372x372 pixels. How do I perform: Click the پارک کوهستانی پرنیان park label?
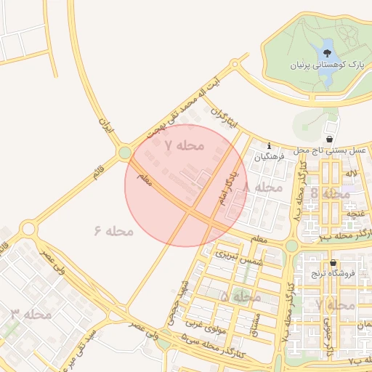tap(326, 66)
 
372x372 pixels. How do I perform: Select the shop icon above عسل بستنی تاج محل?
tap(330, 139)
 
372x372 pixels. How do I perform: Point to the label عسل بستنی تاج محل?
tap(328, 149)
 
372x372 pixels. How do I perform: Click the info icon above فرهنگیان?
tap(270, 145)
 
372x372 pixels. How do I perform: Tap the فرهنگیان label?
tap(269, 155)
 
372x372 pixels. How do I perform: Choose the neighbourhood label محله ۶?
tap(113, 231)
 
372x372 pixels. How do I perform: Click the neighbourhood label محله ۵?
tap(240, 296)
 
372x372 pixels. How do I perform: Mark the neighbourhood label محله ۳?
tap(31, 315)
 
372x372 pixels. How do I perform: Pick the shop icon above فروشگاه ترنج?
tap(333, 263)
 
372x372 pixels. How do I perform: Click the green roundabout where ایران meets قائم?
tap(125, 153)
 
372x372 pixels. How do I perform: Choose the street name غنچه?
tap(355, 213)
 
